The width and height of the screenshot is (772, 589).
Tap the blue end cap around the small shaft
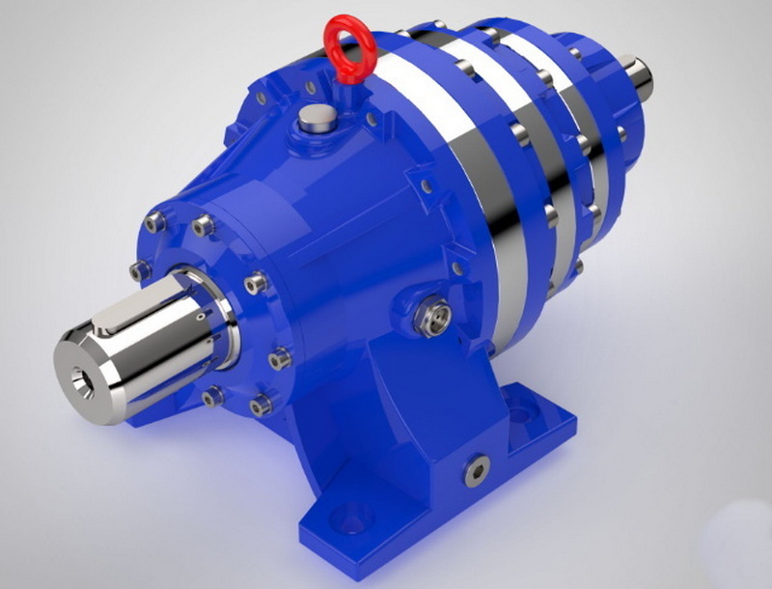click(608, 97)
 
